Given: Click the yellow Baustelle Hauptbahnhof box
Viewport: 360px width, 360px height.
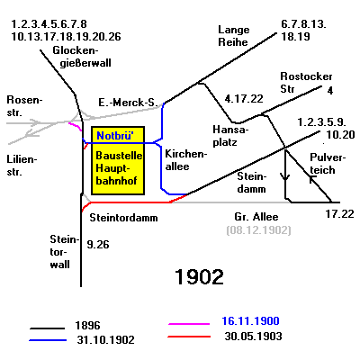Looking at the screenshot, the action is [x=118, y=160].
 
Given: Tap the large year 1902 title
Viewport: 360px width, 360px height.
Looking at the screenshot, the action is [x=199, y=276].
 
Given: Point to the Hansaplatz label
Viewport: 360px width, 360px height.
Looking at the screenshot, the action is [x=230, y=136].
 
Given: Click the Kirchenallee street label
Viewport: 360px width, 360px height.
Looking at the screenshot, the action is [x=186, y=160].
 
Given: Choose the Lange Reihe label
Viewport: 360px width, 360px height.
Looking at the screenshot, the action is [x=234, y=36].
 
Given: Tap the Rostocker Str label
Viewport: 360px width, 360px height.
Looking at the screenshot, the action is [x=306, y=83].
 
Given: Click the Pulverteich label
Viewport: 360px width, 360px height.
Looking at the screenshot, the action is [x=328, y=164].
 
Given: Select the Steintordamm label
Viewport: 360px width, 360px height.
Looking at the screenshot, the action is [x=123, y=218].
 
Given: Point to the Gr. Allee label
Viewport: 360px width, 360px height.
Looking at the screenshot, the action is [x=256, y=217].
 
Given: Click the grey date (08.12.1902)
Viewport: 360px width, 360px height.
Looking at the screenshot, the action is [x=258, y=230].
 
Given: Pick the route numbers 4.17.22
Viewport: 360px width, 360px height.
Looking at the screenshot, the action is [x=244, y=99].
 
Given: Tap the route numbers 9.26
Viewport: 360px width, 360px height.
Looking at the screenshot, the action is [x=98, y=245].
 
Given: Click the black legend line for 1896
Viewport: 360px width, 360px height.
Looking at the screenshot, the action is [x=47, y=328].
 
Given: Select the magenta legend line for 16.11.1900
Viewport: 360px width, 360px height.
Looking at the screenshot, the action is [x=189, y=324].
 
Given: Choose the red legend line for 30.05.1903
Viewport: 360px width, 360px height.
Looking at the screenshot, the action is [x=189, y=337].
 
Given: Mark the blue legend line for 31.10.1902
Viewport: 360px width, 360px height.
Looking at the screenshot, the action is [x=48, y=340].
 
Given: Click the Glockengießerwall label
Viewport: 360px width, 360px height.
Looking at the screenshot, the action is [x=82, y=57].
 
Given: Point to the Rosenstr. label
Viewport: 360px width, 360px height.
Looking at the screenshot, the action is [x=24, y=106].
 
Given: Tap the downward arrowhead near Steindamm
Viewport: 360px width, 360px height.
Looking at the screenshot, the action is [x=285, y=176].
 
